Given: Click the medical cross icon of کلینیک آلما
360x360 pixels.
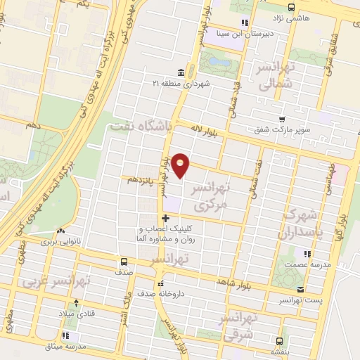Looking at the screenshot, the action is (x=165, y=218).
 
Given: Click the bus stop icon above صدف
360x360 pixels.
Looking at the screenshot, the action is (x=123, y=262).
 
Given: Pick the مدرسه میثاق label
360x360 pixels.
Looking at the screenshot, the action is (x=65, y=347).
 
